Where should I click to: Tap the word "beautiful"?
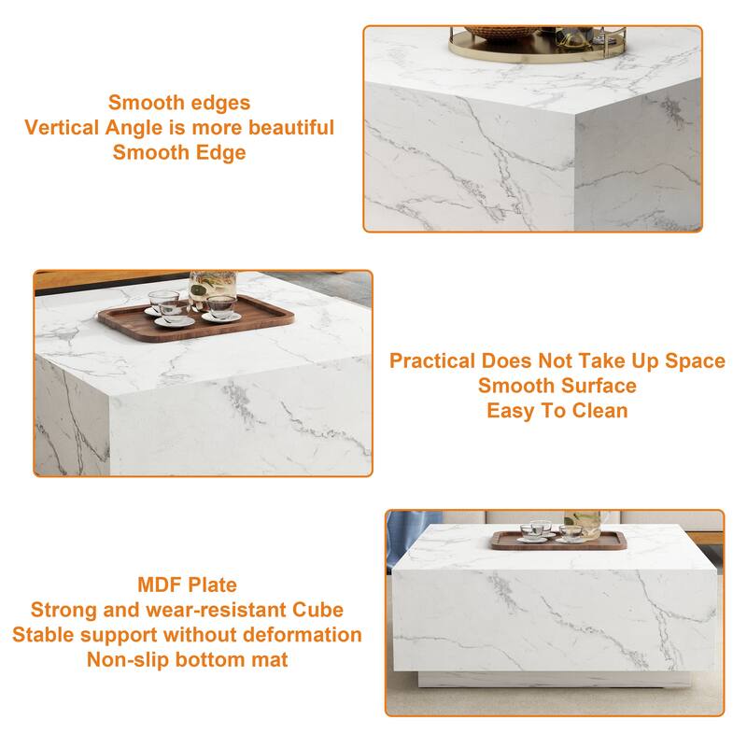coord(286,128)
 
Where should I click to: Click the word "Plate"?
coord(213,585)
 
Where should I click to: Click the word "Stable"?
coord(44,635)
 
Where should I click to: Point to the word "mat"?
coord(270,660)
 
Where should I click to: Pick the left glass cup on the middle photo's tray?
coord(164,304)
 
